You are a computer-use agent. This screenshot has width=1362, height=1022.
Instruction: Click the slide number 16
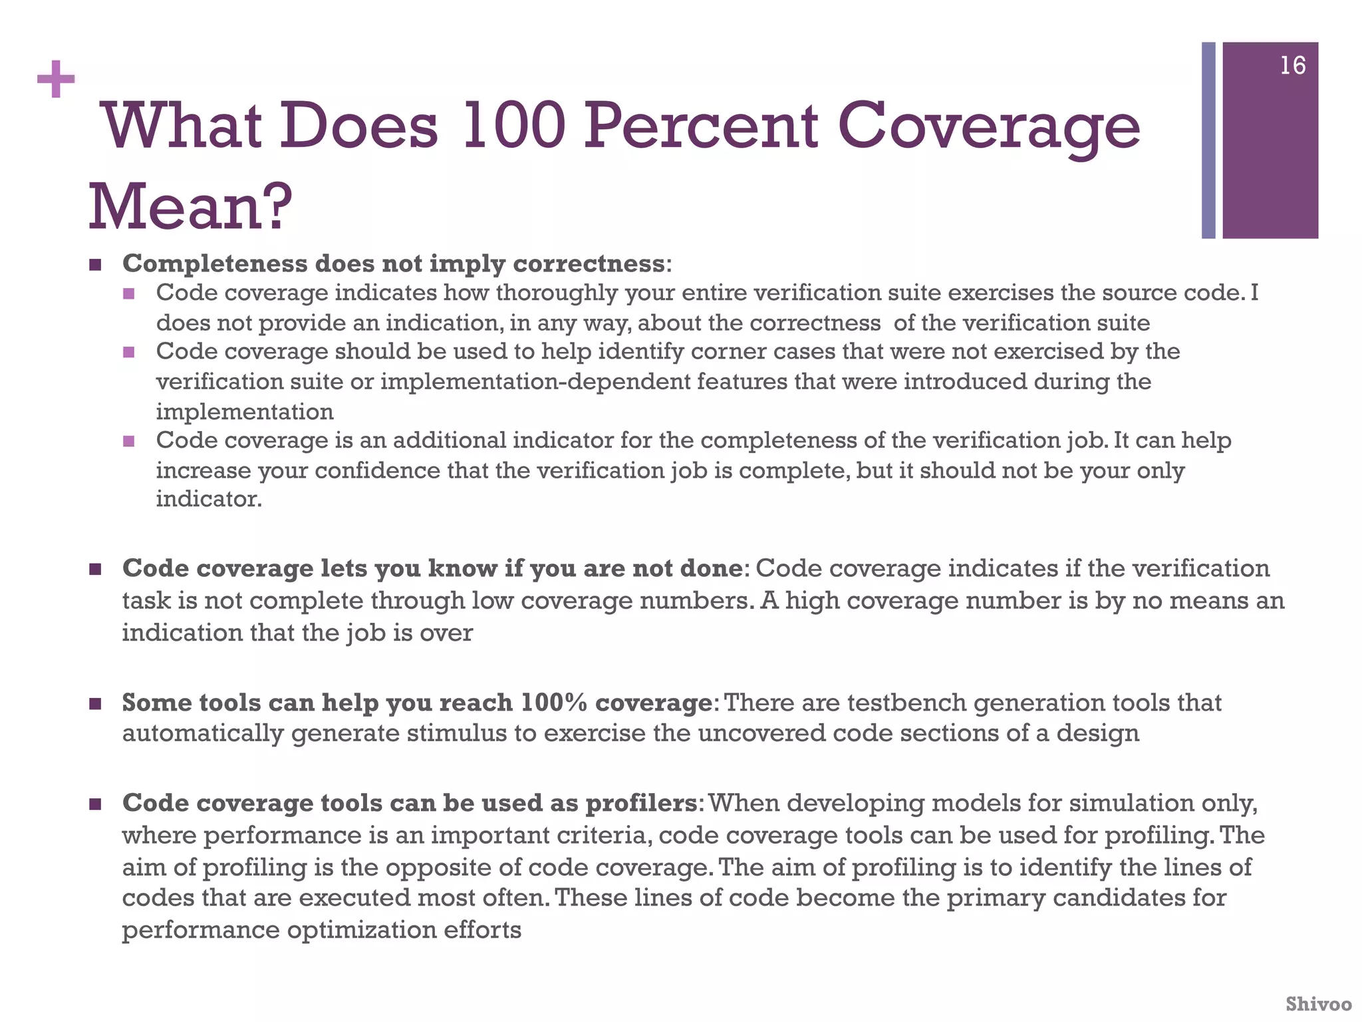[1292, 66]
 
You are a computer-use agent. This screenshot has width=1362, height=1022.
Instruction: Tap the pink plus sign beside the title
[56, 80]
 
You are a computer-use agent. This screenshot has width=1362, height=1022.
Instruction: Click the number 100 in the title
[512, 126]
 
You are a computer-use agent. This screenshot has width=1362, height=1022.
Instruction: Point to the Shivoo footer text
[1318, 1003]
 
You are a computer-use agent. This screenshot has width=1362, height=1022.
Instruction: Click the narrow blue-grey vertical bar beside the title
[1208, 140]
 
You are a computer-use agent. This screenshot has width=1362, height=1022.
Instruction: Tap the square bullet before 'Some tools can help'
[95, 703]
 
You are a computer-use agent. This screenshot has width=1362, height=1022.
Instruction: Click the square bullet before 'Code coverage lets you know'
[95, 569]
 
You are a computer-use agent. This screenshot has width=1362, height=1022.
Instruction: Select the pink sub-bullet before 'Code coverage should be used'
[129, 351]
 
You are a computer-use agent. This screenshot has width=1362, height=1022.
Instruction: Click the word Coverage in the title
[988, 126]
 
